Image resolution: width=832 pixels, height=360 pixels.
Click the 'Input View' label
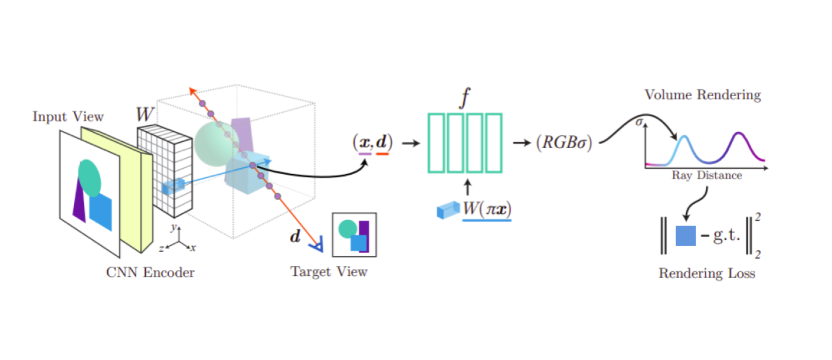point(68,117)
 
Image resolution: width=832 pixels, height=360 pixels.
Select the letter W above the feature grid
point(145,114)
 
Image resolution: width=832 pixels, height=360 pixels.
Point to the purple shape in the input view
point(79,201)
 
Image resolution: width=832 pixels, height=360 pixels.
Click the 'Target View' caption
point(329,271)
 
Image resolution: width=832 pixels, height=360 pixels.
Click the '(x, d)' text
point(373,142)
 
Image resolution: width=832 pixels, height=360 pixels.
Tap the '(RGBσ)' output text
point(563,143)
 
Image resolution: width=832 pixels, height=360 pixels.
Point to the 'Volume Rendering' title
point(702,95)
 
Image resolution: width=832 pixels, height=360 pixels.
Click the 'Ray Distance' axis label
point(707,176)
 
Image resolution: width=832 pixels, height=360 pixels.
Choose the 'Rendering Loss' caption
point(707,273)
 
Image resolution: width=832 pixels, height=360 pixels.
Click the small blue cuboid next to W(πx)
point(445,210)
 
